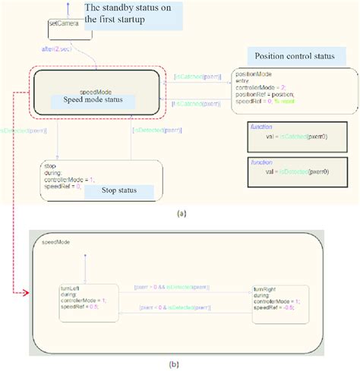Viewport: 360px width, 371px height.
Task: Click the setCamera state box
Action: pyautogui.click(x=62, y=28)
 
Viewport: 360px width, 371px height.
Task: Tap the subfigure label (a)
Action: pyautogui.click(x=181, y=214)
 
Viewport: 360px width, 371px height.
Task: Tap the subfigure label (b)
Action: pyautogui.click(x=181, y=363)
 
